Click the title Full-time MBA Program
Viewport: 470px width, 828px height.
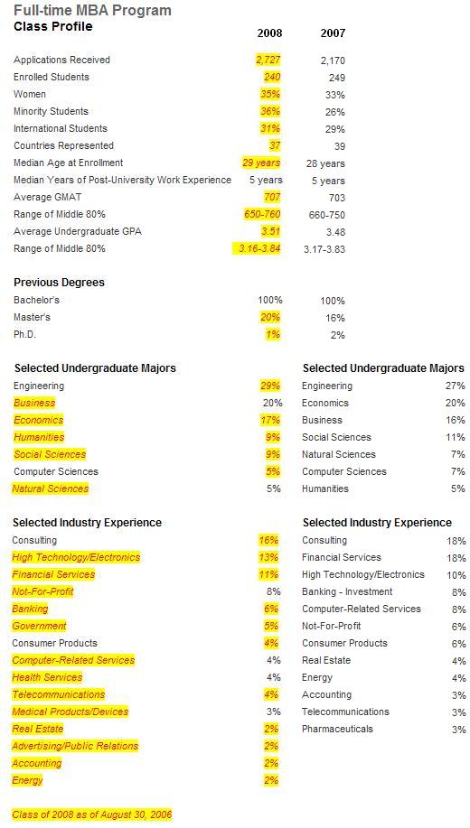click(92, 10)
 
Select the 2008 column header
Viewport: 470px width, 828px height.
click(269, 33)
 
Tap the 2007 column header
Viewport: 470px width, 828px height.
click(334, 33)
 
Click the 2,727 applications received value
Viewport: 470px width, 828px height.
click(268, 60)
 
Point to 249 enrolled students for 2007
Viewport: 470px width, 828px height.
click(337, 78)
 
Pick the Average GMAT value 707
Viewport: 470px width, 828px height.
click(272, 197)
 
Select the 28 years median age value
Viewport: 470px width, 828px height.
click(325, 163)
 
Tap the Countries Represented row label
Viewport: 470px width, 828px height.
click(63, 145)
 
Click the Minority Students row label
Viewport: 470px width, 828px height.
click(51, 111)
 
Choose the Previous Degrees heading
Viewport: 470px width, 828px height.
click(60, 283)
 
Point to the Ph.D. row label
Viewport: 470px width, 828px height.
click(24, 334)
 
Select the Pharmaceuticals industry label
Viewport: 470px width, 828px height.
click(337, 729)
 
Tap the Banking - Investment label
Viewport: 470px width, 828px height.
click(347, 591)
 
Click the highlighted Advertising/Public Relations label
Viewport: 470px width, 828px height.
click(75, 746)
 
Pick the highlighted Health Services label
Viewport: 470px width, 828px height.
click(47, 677)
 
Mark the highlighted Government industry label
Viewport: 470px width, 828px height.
click(39, 626)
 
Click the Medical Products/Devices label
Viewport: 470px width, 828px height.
click(70, 712)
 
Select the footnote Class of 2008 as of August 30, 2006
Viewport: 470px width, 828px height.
click(92, 814)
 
